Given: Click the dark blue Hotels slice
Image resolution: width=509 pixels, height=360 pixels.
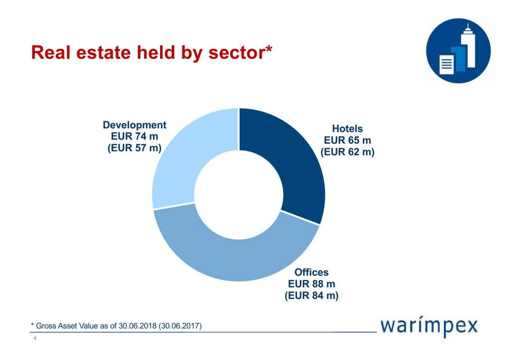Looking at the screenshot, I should (293, 159).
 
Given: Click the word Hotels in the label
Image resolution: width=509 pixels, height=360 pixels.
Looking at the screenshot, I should (347, 129).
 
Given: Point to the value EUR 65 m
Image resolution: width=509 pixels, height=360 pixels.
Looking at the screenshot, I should (347, 141).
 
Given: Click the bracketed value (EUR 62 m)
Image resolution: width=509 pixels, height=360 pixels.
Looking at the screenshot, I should (347, 152).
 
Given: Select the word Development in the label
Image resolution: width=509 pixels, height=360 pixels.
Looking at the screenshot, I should (135, 125).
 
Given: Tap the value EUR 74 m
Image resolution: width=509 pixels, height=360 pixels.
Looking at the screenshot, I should (135, 136).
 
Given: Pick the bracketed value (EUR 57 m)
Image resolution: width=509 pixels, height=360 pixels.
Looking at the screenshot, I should (135, 148).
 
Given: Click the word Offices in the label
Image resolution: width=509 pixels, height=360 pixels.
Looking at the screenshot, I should (312, 272).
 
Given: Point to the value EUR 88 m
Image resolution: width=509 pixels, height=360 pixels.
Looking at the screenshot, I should (312, 284).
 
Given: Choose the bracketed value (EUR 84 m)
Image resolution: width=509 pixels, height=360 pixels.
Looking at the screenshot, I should (312, 295).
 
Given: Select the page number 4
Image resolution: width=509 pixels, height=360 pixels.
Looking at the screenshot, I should (34, 339).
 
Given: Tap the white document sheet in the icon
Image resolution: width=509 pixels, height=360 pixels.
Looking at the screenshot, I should (446, 64).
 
